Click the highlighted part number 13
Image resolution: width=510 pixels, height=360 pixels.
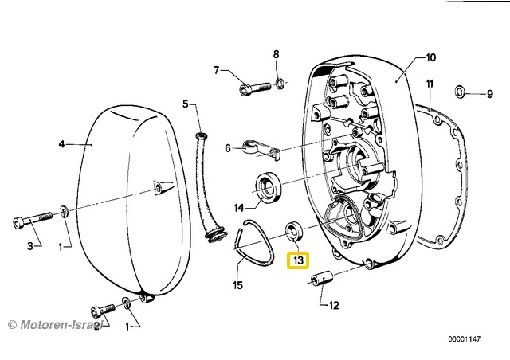[x=298, y=260]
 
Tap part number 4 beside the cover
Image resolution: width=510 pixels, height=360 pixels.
[x=61, y=144]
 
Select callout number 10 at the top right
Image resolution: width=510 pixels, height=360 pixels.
[x=430, y=57]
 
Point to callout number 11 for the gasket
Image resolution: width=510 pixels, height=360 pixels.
[x=430, y=84]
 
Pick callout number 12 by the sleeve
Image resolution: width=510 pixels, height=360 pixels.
[x=333, y=304]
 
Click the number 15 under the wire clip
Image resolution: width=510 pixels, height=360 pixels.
[x=237, y=284]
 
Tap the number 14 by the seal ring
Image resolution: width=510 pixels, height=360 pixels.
[x=238, y=208]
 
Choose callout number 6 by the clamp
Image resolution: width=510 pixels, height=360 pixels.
[x=228, y=148]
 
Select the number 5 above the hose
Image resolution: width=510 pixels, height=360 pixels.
[x=185, y=104]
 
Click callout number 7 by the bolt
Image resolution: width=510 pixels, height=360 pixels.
[x=215, y=70]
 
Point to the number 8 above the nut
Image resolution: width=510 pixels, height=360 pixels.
[x=277, y=54]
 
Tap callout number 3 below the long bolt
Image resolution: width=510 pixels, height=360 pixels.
[x=30, y=246]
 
